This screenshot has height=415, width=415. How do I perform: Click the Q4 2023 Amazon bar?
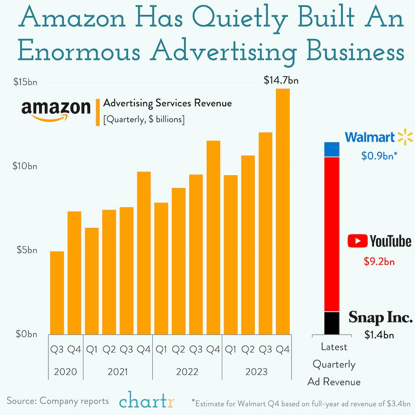coord(283,211)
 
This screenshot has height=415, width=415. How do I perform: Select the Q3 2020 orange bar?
coord(57,293)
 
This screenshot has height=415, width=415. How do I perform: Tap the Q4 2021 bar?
coord(144,253)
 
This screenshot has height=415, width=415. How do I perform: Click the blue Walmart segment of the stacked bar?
coord(332,149)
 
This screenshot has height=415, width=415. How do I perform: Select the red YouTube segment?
coord(332,234)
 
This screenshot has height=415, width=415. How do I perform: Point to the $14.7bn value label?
coord(281,81)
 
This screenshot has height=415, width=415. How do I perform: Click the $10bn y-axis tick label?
coord(24,166)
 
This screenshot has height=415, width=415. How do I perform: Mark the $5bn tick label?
coord(26,250)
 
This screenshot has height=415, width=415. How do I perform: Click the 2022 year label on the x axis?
coord(187,371)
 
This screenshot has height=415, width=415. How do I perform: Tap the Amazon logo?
coord(56,110)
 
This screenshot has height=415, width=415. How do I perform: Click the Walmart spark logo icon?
coord(405,137)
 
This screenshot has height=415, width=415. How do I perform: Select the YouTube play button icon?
coord(357,241)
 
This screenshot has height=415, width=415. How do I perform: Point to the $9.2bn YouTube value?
coord(379,262)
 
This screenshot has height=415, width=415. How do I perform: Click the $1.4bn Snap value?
coord(379,334)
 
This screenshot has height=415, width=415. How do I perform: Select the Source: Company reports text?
coord(58,401)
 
